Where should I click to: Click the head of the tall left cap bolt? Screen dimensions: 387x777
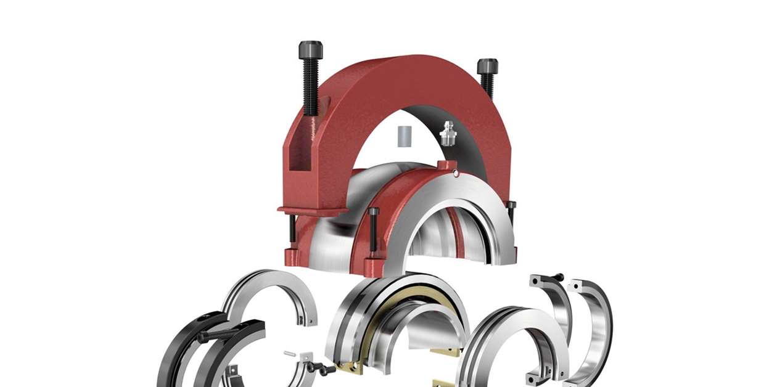(x=310, y=49)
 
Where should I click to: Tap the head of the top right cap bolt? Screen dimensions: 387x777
(x=487, y=66)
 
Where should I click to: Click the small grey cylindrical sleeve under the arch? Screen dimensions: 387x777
(x=404, y=136)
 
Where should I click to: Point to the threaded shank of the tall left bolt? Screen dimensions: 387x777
(x=311, y=86)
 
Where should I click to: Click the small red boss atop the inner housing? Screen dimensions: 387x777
(x=446, y=166)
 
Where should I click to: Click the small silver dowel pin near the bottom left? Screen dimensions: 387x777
(x=290, y=354)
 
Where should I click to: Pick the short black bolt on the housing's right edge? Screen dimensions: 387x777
(x=511, y=213)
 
